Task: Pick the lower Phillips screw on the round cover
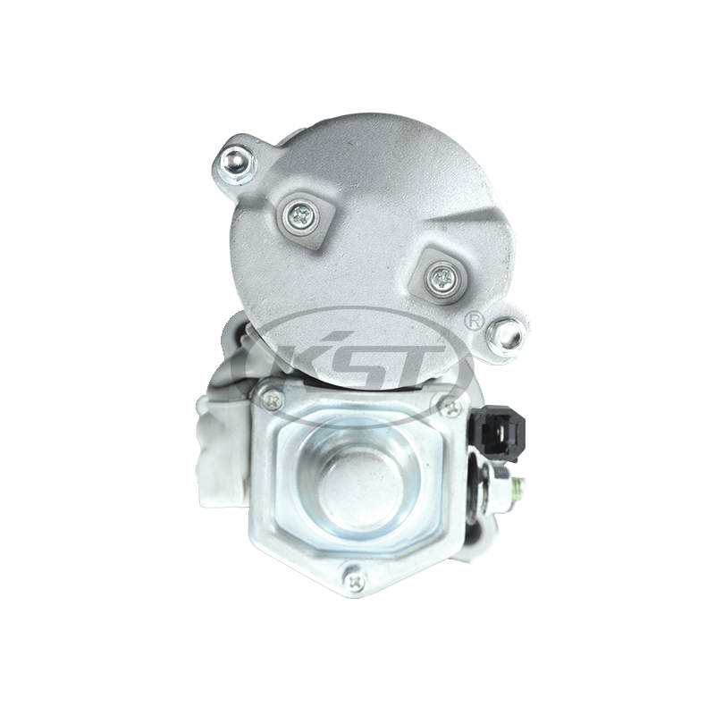click(x=442, y=276)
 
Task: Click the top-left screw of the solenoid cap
click(x=273, y=400)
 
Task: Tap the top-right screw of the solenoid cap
click(x=451, y=408)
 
